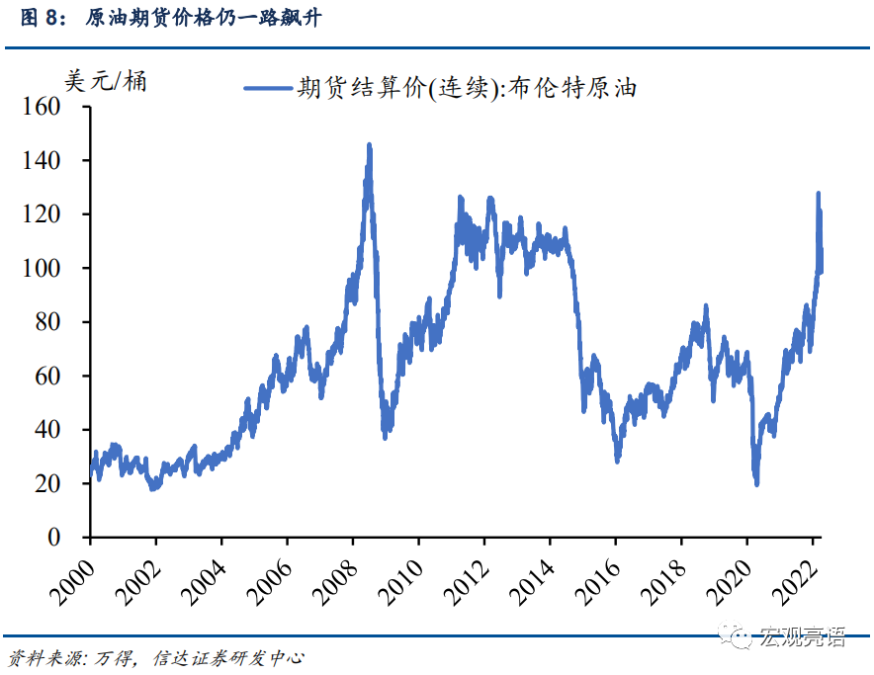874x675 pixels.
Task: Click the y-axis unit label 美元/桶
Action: (x=105, y=81)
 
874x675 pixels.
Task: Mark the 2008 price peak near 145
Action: (x=369, y=145)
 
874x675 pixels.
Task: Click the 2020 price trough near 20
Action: (x=756, y=482)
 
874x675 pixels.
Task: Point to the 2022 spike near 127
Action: (x=818, y=195)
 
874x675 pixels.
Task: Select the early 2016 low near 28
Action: (x=618, y=460)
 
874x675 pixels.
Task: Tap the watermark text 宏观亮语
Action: (x=802, y=636)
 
